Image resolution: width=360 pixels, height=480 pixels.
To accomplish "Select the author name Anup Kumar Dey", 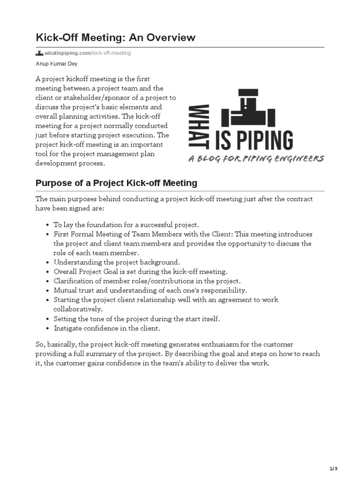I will pos(57,64).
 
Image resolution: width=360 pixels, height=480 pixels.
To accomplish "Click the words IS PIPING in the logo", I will pos(254,140).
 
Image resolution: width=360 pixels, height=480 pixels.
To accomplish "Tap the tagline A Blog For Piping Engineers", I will pos(256,159).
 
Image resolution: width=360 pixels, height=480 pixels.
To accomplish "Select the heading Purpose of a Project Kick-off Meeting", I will pos(116,183).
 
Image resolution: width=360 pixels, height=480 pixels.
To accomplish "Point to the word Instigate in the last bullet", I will pos(69,328).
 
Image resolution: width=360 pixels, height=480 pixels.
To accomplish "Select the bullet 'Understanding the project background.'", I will pos(117,262).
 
